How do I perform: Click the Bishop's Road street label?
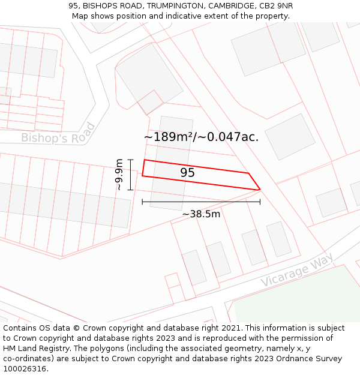(x=58, y=133)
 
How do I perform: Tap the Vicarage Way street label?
(x=296, y=269)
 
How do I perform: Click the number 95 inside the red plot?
(x=187, y=173)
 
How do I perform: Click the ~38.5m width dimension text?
(x=201, y=214)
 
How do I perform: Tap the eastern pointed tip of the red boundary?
(x=260, y=190)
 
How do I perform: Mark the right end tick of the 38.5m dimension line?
(x=260, y=202)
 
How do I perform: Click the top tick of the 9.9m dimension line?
(x=130, y=159)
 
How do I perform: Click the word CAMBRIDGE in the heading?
(x=225, y=6)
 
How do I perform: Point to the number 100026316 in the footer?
(x=24, y=368)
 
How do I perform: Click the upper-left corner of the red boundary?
(x=144, y=160)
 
